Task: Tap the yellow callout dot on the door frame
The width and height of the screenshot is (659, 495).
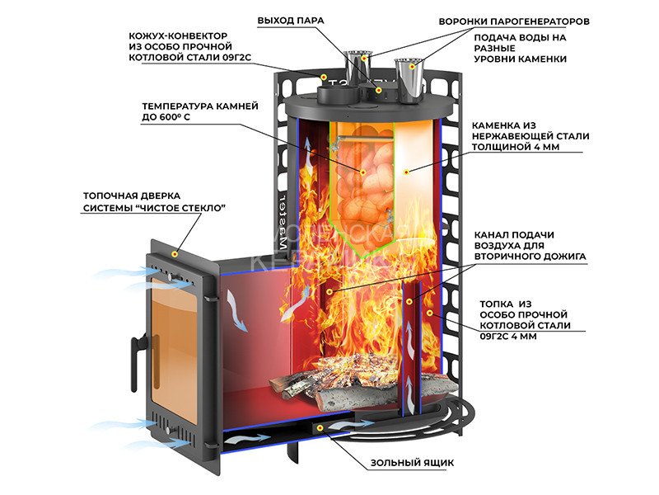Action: [174, 252]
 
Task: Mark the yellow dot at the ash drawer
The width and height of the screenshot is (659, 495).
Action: [320, 428]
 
